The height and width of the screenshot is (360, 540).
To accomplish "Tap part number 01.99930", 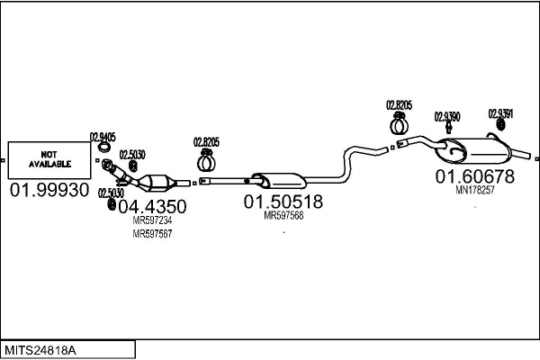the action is tap(49, 190).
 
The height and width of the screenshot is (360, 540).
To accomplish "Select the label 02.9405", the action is tap(103, 137).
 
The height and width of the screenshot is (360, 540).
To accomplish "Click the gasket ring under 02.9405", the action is tap(103, 147).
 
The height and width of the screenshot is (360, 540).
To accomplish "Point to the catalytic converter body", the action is tap(157, 182).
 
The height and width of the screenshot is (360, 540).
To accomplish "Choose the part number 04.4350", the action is tap(152, 206).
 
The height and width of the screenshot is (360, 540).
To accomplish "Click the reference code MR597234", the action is tap(152, 220).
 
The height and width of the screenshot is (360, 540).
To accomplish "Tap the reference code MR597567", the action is tap(152, 234).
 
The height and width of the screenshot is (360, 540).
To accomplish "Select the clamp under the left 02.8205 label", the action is tap(206, 161).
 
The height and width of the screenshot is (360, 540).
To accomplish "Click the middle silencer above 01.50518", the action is tap(279, 181).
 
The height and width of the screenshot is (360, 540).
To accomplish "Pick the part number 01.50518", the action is tap(283, 202).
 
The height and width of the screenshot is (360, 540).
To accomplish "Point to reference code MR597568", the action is tap(283, 216).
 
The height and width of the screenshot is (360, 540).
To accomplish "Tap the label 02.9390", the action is tap(447, 117).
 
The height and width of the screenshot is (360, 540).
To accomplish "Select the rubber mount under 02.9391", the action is tap(500, 125).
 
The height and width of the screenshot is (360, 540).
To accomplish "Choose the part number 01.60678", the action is tap(475, 176).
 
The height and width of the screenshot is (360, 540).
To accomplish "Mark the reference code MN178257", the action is tap(475, 190).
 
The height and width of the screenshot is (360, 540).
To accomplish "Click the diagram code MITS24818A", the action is tap(40, 351).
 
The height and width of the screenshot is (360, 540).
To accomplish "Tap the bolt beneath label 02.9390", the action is tap(448, 128).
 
